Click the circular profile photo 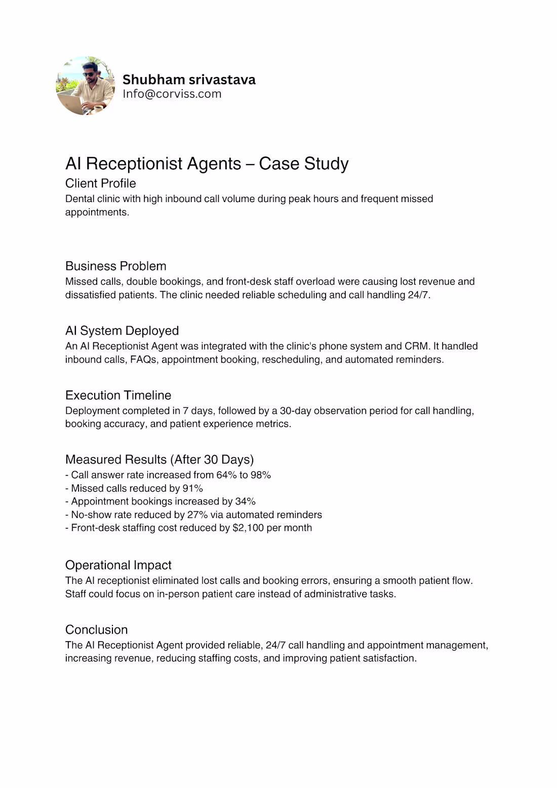(x=85, y=86)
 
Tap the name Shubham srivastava (x=189, y=80)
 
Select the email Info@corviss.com (x=172, y=94)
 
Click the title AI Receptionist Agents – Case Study (x=207, y=164)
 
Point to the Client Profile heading (x=100, y=183)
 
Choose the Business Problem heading (x=115, y=266)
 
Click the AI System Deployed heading (x=122, y=331)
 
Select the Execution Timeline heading (x=118, y=395)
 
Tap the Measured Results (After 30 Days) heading (x=159, y=459)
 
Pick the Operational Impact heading (x=118, y=565)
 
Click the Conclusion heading (x=96, y=629)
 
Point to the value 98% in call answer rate (x=261, y=475)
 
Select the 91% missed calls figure (x=193, y=488)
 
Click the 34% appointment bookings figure (x=245, y=501)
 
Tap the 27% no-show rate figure (x=197, y=515)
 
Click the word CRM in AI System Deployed (x=417, y=346)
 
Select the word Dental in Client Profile (x=79, y=199)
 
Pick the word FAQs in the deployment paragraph (x=143, y=360)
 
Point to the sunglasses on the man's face (x=89, y=74)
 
